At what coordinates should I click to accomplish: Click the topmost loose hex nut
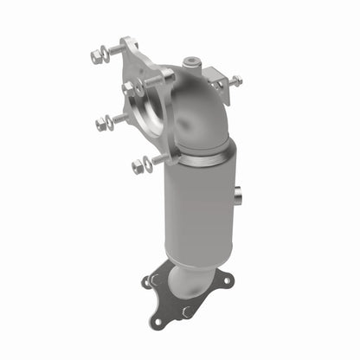tap(96, 57)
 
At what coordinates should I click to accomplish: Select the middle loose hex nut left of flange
tap(103, 124)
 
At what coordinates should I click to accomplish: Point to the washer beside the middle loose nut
tap(115, 119)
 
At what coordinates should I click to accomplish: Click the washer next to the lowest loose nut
tap(150, 162)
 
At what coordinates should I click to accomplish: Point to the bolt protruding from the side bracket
tap(235, 80)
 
